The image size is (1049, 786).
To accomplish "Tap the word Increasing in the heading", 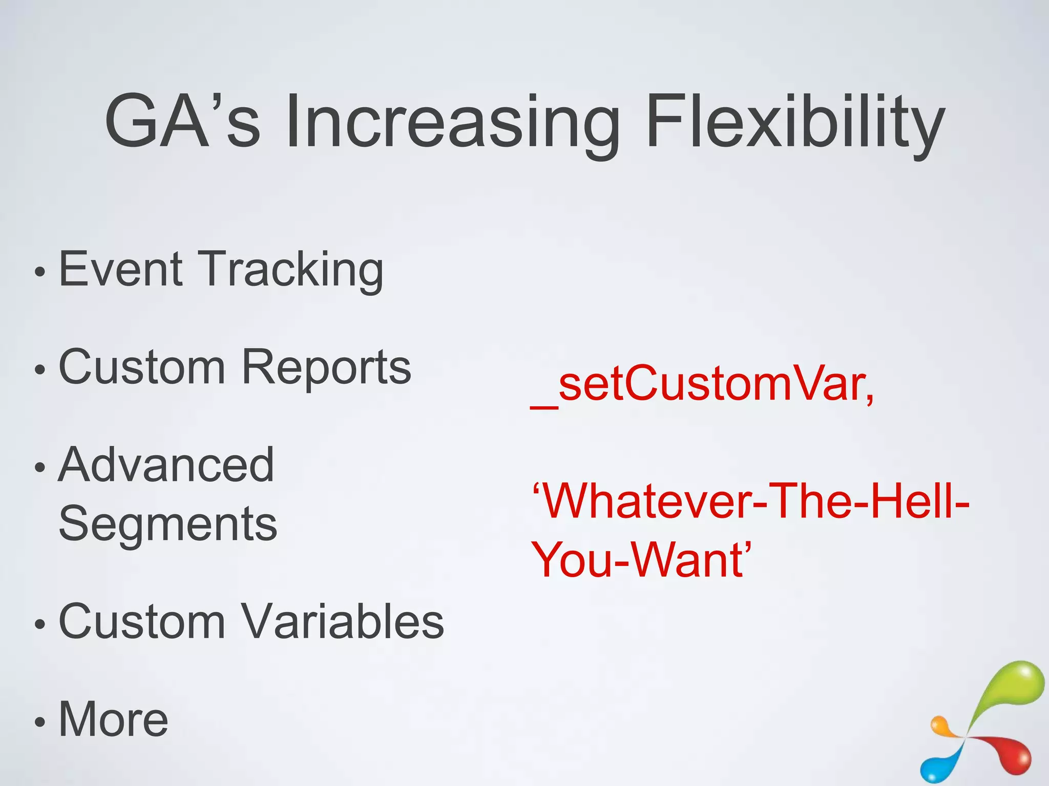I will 451,123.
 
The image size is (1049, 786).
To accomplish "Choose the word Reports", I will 326,366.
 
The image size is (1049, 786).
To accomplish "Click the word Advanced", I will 166,465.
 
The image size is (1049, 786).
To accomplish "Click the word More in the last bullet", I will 114,719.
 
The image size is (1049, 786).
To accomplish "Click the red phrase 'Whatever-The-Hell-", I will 751,501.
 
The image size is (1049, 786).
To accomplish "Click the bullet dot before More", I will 40,723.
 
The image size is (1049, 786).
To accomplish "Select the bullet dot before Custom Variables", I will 40,624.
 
